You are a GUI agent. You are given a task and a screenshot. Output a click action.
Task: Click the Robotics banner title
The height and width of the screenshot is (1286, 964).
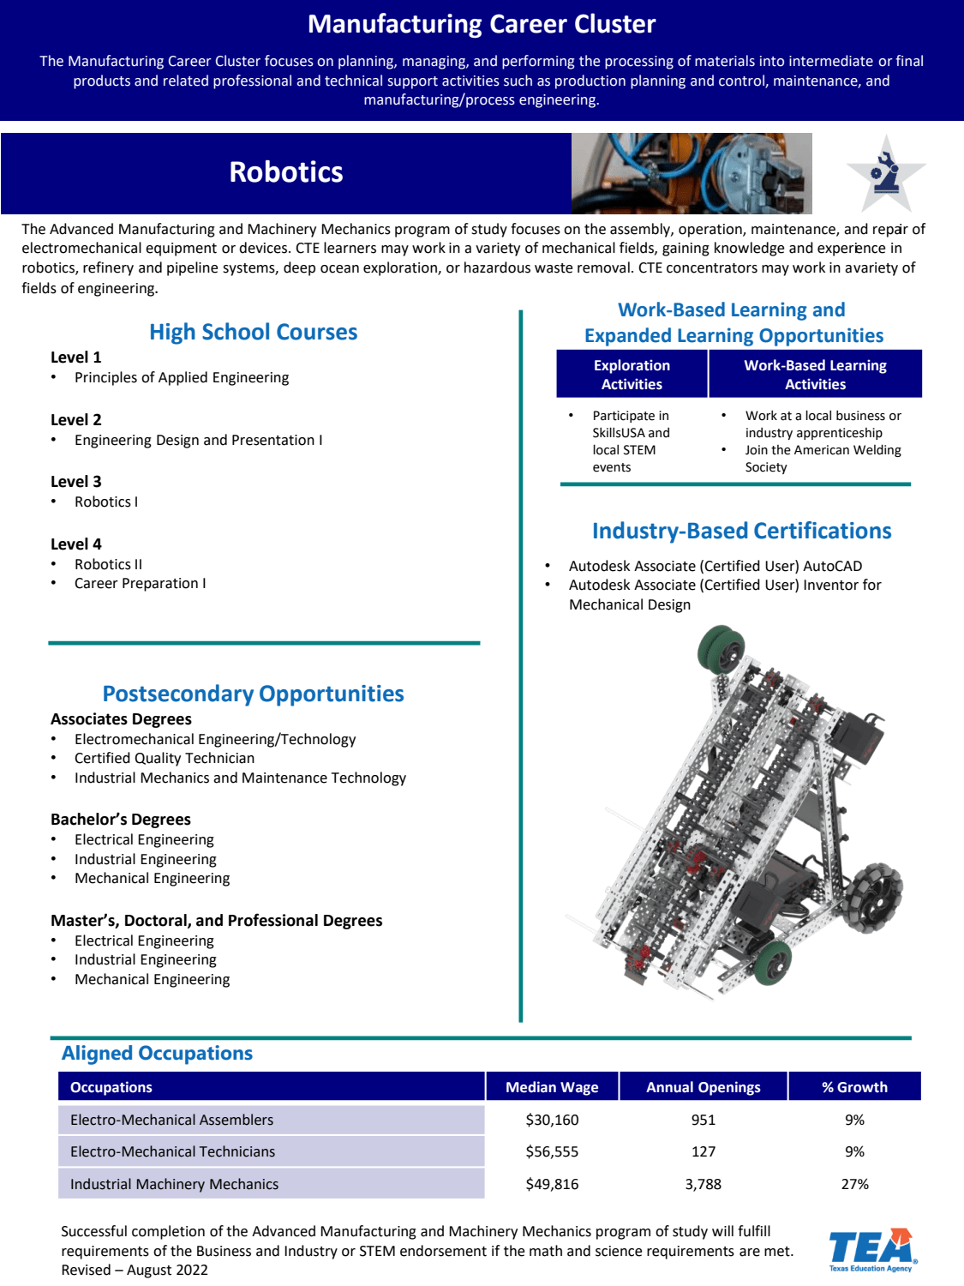285,172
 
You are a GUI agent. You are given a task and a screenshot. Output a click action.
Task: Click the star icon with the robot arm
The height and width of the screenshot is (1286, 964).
885,173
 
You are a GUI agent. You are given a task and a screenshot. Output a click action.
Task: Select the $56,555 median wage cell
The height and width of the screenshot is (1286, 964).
552,1151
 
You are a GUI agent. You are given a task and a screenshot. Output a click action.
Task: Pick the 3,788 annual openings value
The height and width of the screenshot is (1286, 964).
703,1184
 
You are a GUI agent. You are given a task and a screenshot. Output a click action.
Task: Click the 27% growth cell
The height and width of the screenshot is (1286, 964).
854,1184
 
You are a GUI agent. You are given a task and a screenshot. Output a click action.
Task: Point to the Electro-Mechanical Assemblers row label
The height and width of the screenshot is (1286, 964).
171,1120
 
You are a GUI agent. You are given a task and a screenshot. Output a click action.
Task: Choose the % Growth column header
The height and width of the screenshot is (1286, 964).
854,1087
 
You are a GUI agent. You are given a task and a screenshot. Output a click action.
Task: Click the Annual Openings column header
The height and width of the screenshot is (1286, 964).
703,1087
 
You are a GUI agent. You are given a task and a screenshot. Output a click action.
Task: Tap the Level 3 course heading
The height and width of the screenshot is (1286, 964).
76,482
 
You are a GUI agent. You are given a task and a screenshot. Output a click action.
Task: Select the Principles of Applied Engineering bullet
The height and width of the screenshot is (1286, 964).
181,377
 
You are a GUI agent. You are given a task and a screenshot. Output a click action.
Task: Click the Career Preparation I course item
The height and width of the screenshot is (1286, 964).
140,583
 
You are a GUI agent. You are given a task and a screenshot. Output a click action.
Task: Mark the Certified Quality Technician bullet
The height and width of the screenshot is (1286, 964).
164,758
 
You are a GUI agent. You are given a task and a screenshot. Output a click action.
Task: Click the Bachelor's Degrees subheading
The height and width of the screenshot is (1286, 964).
121,820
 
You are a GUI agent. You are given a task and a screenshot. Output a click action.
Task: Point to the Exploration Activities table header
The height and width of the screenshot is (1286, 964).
632,375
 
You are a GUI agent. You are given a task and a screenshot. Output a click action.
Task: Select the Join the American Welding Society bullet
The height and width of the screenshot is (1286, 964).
822,459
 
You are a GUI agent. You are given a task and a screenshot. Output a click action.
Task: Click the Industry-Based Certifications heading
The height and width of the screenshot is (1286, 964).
741,531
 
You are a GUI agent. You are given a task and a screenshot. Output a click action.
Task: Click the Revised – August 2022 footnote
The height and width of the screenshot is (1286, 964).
135,1270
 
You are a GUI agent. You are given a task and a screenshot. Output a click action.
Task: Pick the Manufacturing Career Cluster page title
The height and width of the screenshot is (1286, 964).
482,24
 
